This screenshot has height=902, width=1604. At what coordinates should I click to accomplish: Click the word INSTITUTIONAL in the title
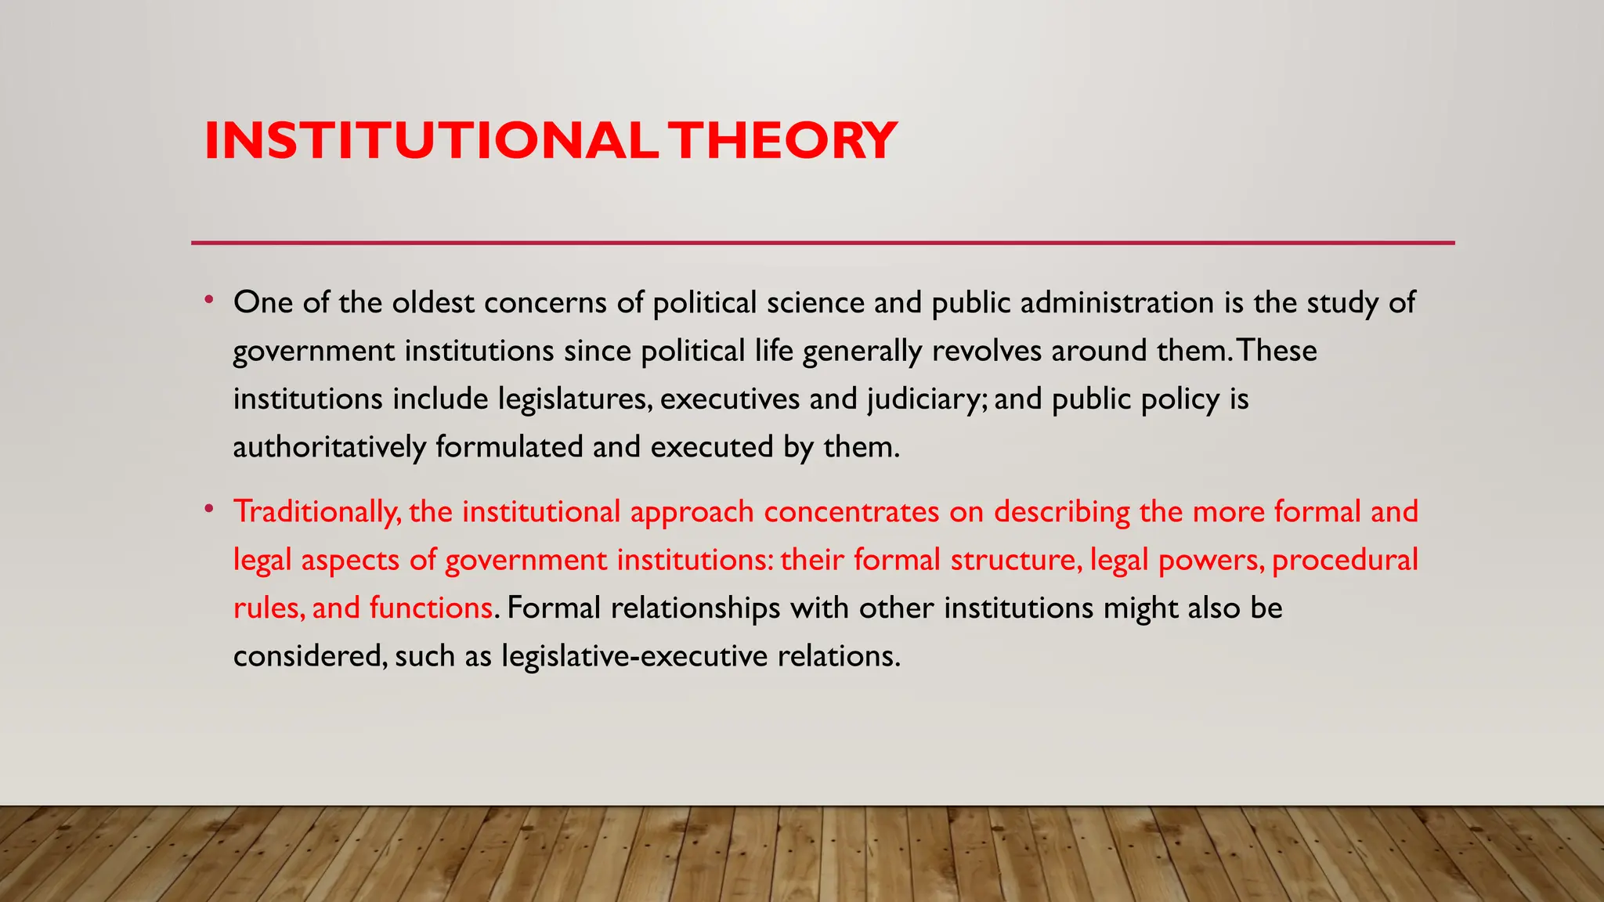430,141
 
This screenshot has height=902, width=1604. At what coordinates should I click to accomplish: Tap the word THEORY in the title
786,141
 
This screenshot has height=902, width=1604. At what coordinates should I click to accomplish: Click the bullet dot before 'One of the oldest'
208,300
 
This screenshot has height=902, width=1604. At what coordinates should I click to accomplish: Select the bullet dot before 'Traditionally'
208,509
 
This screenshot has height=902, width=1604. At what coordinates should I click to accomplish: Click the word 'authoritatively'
329,447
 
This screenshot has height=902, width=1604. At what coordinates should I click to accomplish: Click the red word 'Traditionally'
317,512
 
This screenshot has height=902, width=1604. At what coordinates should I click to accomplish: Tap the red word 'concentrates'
851,512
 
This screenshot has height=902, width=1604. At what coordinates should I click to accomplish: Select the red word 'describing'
1061,512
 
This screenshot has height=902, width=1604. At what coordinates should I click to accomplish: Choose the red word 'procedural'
1345,561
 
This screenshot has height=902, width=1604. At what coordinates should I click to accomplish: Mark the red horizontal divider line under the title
822,243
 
